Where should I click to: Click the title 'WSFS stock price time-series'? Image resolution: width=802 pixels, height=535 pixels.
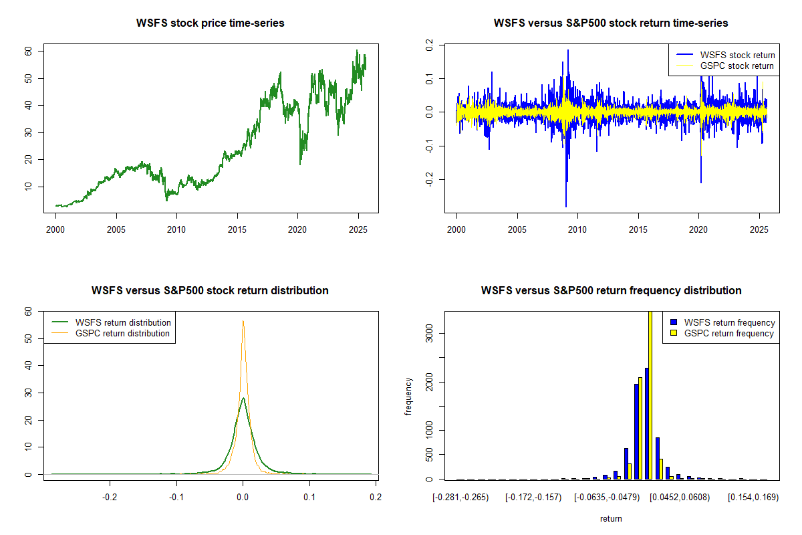click(211, 23)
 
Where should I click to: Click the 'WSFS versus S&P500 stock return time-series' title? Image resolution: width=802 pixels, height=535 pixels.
click(611, 23)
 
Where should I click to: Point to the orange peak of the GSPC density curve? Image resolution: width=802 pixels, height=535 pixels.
click(243, 322)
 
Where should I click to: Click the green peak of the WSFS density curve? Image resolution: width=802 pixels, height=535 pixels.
click(243, 399)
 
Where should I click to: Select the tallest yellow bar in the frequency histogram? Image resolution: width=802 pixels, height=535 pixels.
click(650, 395)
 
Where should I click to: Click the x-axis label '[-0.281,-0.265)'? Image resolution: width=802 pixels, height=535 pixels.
click(460, 498)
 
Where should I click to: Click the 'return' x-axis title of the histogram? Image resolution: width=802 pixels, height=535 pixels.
click(611, 518)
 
